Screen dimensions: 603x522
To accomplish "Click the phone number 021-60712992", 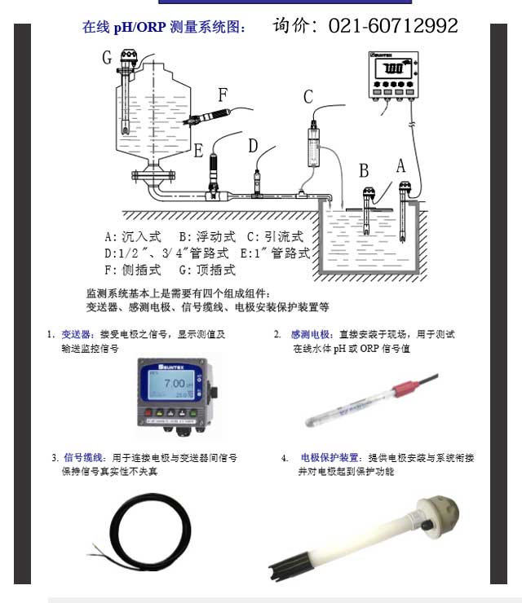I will pos(393,26).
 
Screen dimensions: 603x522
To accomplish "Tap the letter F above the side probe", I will pos(223,95).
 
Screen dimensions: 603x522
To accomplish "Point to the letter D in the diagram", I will pos(253,146).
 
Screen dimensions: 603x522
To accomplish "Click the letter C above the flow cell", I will pos(308,98).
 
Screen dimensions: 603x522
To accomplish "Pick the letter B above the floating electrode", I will pos(364,170).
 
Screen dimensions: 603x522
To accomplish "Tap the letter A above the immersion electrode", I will pos(400,165).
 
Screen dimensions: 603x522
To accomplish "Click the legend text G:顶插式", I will pos(206,270).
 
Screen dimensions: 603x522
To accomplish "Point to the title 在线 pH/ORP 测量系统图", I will pos(163,27).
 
